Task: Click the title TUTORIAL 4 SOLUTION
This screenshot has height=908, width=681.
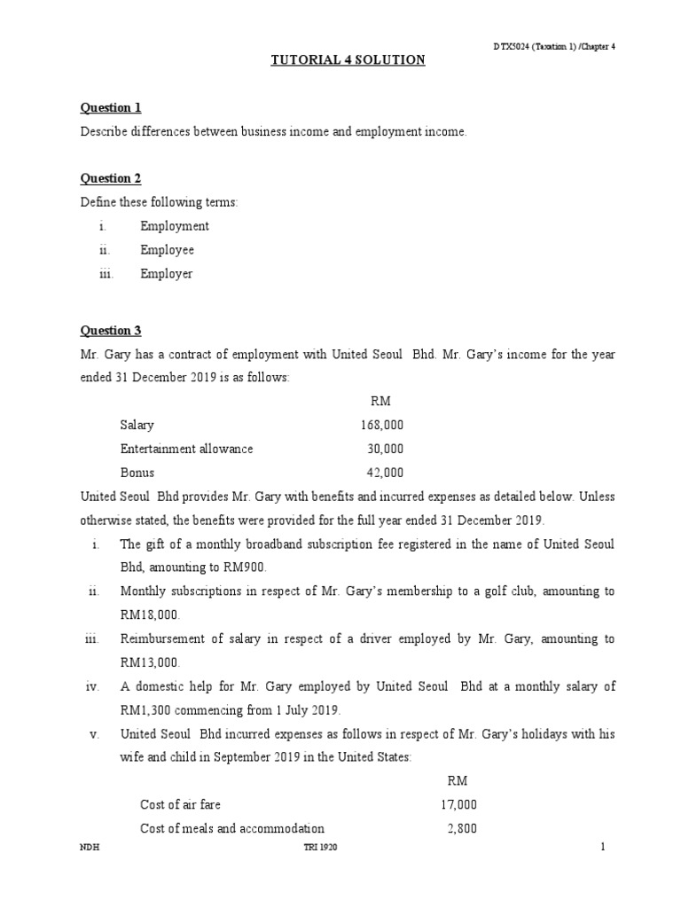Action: [348, 60]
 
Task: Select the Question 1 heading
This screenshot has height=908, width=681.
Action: [111, 108]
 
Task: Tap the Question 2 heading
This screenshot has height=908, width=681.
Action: [111, 179]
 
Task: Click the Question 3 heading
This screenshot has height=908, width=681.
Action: [111, 331]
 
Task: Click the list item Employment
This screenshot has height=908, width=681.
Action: [175, 226]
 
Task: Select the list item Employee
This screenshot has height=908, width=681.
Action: [167, 250]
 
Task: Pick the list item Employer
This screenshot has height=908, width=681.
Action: [166, 274]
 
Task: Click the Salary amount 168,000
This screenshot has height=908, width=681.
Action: [381, 426]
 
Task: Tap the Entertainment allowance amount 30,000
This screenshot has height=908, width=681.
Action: [385, 449]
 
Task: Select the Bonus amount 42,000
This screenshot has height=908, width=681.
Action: [385, 473]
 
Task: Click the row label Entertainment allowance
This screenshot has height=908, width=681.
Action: [186, 449]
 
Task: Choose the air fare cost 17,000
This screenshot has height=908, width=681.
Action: [458, 805]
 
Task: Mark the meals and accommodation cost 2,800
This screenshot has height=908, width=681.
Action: [462, 829]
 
